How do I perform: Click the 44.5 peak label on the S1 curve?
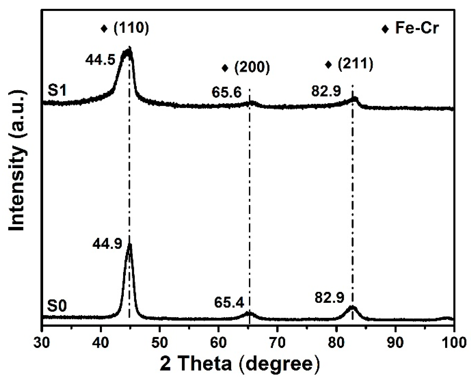coord(100,60)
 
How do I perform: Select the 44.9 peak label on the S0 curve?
coord(107,243)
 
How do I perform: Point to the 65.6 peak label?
coord(226,92)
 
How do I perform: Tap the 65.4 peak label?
coord(229,303)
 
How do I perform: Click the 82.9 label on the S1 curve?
coord(326,91)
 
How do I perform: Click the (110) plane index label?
coord(131,28)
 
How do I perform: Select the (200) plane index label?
coord(252,67)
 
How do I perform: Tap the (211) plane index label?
coord(355,64)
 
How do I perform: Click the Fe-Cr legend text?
coord(417,28)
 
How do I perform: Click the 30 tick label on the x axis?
coord(42,342)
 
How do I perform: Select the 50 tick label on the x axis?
coord(160,342)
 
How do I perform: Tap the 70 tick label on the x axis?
coord(277,342)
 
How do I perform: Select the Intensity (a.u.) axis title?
coord(17,160)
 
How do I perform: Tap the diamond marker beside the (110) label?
coord(104,29)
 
